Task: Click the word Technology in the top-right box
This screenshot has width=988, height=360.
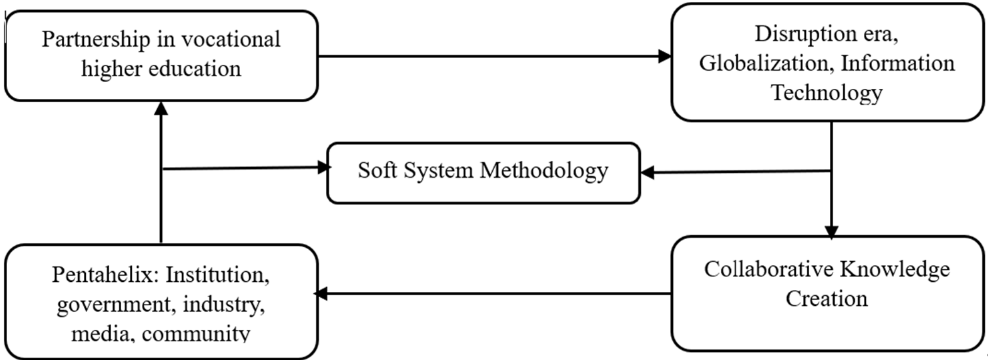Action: tap(827, 93)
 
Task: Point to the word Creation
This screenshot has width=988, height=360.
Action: tap(827, 298)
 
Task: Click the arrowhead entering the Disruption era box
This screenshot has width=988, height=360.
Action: tap(665, 56)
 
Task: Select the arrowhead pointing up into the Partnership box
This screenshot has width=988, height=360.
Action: tap(161, 108)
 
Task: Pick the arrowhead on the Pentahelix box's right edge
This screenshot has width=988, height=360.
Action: tap(321, 293)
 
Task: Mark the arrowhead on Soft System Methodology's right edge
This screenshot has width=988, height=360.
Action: tap(648, 172)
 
